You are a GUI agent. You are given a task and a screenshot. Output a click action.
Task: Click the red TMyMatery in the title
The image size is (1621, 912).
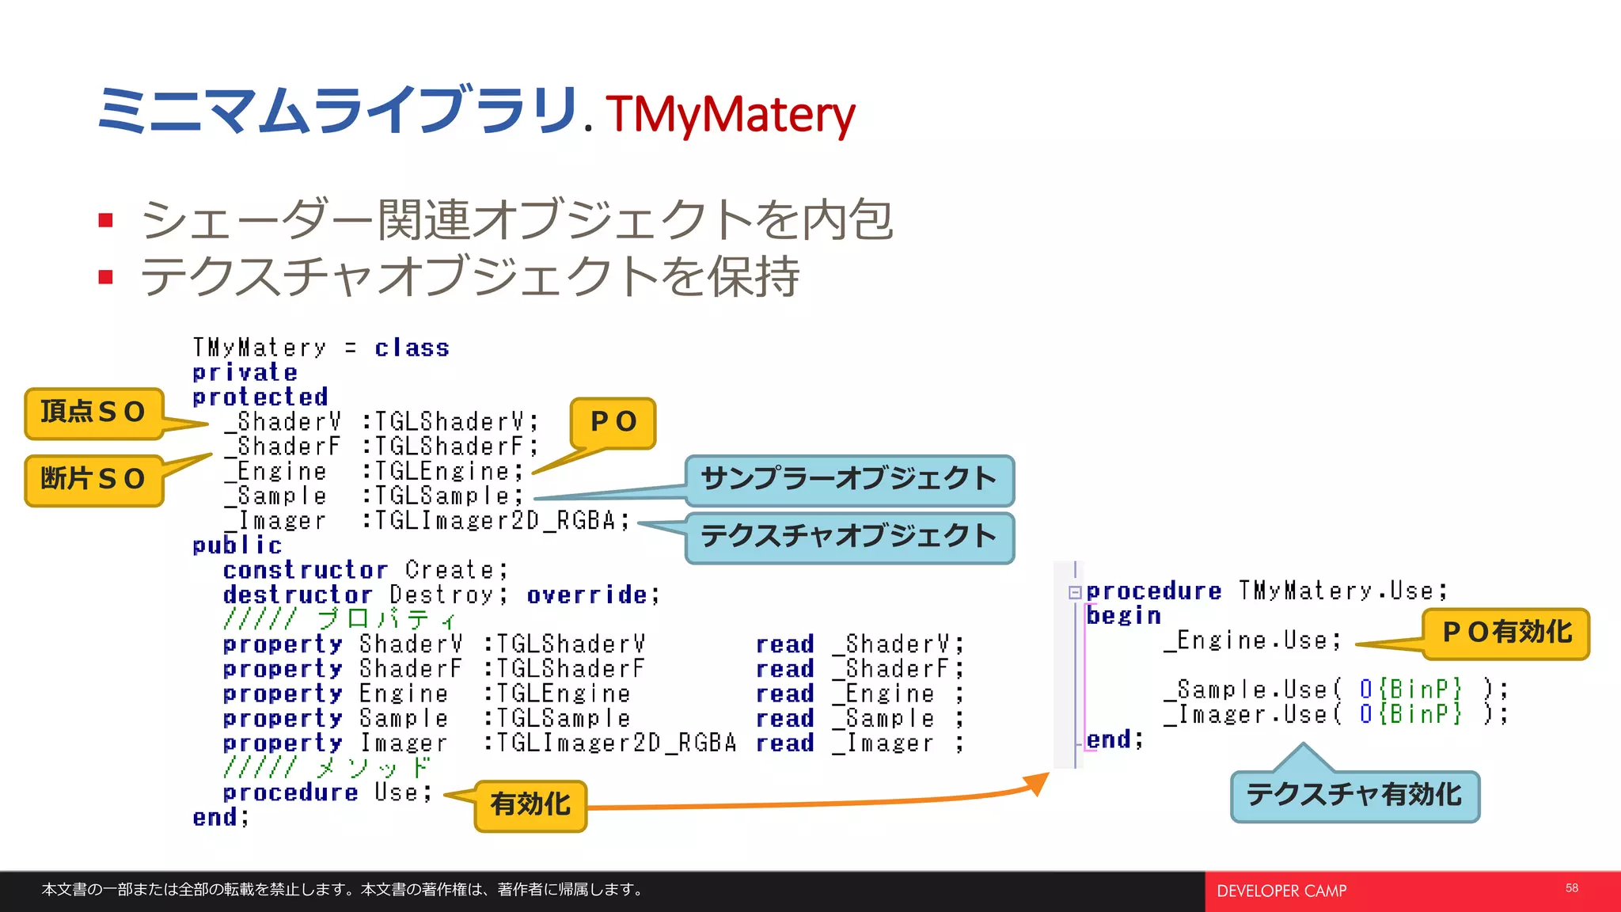coord(730,114)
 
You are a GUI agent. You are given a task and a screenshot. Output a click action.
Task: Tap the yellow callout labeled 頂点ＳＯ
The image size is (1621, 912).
coord(93,412)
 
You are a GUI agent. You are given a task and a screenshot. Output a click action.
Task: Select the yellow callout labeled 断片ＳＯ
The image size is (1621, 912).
coord(93,480)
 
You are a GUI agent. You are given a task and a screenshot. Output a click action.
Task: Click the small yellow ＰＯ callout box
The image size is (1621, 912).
coord(613,422)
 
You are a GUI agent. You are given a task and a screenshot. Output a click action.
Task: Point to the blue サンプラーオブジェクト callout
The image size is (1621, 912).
coord(848,480)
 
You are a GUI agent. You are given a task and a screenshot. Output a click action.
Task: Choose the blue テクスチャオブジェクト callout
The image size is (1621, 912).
coord(848,537)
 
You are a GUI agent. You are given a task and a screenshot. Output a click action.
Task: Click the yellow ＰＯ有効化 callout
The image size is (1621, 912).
coord(1506,633)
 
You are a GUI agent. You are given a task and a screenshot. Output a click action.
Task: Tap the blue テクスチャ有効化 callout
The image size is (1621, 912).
coord(1354,796)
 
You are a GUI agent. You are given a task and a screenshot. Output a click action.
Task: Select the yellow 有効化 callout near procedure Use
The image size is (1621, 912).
coord(530,805)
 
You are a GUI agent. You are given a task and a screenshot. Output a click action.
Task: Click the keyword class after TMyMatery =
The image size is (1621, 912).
coord(412,348)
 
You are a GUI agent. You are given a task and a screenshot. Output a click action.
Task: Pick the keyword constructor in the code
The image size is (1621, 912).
coord(305,571)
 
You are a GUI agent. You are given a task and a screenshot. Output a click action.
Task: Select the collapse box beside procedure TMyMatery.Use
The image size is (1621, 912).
coord(1075,592)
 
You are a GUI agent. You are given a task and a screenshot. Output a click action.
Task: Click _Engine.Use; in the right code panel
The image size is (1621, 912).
coord(1252,640)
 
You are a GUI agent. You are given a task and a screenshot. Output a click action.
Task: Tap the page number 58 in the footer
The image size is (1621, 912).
coord(1571,888)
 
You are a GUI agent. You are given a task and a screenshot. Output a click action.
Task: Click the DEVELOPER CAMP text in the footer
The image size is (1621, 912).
coord(1281,891)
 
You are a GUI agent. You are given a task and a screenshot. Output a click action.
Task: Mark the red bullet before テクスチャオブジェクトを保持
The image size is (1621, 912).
coord(106,277)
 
